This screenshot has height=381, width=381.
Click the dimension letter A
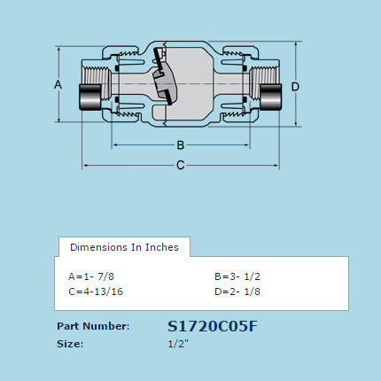(x=58, y=84)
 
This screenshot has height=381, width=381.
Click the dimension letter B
(x=180, y=144)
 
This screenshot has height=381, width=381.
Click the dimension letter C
(x=180, y=165)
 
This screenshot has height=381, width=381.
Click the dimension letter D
(x=295, y=86)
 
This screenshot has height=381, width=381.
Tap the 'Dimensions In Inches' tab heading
(x=124, y=247)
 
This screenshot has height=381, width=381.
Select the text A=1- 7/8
(x=91, y=275)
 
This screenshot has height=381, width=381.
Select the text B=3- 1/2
(x=236, y=275)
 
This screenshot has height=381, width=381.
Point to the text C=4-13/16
(x=96, y=290)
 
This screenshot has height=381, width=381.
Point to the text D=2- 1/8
(x=236, y=290)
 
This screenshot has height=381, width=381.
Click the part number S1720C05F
(x=213, y=326)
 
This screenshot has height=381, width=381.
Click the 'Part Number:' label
(x=93, y=326)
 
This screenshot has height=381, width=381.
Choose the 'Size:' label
(x=70, y=343)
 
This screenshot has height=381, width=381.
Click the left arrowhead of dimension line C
(x=85, y=165)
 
